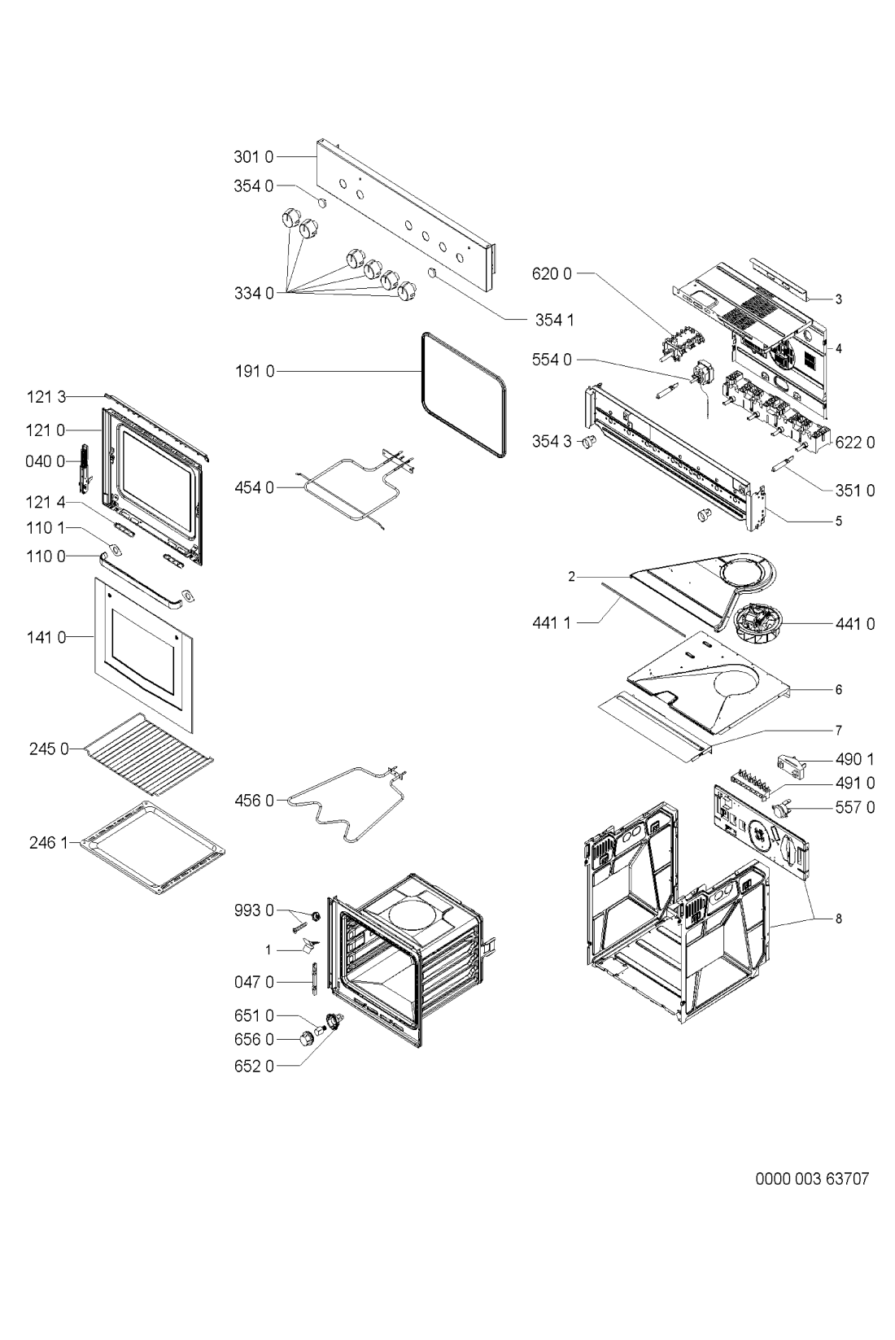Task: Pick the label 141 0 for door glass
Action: click(x=50, y=637)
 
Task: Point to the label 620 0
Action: click(x=551, y=274)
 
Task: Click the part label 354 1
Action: click(x=554, y=320)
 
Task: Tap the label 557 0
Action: click(x=854, y=807)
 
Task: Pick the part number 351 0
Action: click(x=854, y=491)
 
